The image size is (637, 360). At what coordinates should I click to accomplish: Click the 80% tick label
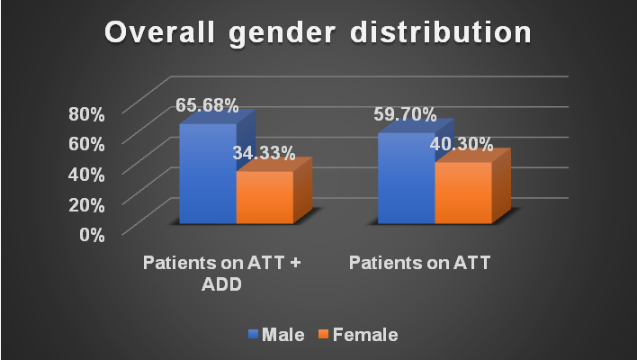(x=87, y=114)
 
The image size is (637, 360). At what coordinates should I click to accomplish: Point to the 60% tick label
(x=87, y=144)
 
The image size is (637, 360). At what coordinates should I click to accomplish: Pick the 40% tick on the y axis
(x=87, y=174)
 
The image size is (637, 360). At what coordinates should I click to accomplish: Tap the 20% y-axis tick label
(x=87, y=204)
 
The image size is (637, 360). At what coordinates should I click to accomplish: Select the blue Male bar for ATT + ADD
(x=208, y=175)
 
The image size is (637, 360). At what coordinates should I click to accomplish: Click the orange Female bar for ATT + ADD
(x=265, y=198)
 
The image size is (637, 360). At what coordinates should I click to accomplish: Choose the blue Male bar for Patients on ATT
(x=406, y=180)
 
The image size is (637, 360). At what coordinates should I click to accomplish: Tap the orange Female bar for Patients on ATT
(x=462, y=193)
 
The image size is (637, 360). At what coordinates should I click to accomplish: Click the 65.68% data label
(x=207, y=106)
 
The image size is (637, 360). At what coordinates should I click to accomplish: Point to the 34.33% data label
(x=264, y=153)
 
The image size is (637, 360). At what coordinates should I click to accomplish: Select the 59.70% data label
(x=406, y=114)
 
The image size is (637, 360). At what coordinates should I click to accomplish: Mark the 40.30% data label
(x=462, y=144)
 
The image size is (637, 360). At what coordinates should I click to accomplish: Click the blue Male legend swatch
(x=253, y=335)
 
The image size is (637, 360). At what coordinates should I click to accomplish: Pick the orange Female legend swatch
(x=324, y=335)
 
